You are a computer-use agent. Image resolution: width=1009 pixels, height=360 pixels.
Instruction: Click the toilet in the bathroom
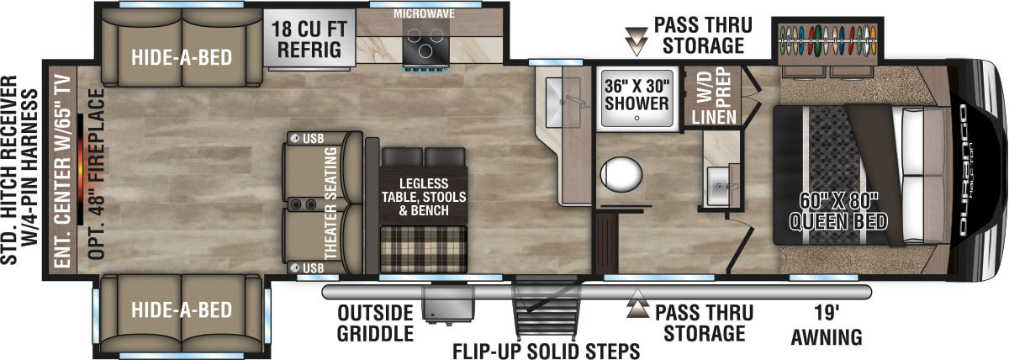tap(621, 175)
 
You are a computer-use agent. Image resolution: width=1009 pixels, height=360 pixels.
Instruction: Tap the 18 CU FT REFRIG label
tap(309, 40)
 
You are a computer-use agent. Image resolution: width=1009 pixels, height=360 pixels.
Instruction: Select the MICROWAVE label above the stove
tap(424, 13)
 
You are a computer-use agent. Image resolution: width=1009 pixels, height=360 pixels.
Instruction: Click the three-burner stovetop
tap(425, 44)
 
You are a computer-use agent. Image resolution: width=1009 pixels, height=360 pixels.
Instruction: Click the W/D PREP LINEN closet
tap(713, 97)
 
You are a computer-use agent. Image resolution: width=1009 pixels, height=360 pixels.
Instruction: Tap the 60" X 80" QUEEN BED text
tap(838, 211)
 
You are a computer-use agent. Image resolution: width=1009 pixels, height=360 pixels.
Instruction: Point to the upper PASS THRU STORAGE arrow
tap(637, 40)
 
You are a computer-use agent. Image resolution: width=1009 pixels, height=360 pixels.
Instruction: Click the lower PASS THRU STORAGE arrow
tap(637, 304)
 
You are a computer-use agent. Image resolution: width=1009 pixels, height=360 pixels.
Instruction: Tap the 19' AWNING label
tap(827, 326)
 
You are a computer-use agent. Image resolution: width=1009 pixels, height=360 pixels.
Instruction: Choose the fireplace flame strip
tap(80, 169)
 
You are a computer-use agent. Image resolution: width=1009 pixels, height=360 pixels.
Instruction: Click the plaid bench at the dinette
tap(424, 249)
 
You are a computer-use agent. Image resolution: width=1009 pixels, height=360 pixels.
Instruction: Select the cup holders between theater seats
tap(303, 205)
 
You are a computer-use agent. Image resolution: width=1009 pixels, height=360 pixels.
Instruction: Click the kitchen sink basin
tap(563, 103)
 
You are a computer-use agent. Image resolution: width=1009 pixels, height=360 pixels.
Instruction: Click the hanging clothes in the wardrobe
tap(828, 40)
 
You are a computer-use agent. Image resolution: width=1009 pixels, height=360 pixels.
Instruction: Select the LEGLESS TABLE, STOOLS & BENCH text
tap(424, 197)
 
